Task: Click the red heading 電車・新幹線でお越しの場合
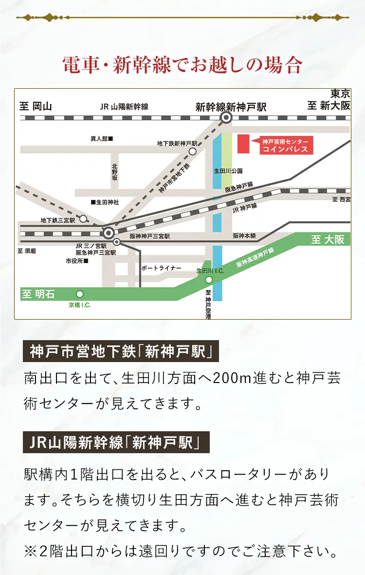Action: tap(182, 65)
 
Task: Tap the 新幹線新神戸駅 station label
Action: tap(231, 107)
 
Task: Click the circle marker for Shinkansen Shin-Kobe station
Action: tap(226, 117)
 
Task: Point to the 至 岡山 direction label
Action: tap(35, 107)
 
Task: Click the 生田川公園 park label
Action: tap(228, 171)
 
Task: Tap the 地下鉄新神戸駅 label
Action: tap(177, 143)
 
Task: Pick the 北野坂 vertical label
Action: tap(114, 172)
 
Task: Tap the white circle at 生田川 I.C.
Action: tap(209, 280)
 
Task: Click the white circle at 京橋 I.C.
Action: tap(80, 294)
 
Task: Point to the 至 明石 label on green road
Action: tap(38, 294)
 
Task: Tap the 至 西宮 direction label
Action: tap(341, 199)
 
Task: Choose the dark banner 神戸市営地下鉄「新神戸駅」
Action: tap(121, 351)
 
